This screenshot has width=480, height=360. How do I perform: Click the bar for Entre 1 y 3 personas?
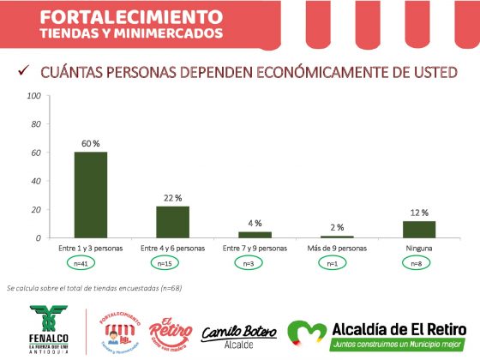(90, 195)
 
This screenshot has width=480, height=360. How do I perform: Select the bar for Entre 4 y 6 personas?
(172, 222)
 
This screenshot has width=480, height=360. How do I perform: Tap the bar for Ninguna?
(418, 229)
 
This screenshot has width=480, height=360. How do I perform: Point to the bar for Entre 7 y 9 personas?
(255, 235)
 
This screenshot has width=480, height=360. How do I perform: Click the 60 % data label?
(90, 142)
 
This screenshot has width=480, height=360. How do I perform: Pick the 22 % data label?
(172, 198)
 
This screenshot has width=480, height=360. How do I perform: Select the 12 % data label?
(418, 212)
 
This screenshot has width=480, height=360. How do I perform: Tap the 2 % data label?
(337, 227)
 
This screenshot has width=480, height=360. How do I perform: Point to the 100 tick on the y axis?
(34, 96)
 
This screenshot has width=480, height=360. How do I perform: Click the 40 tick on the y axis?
(37, 181)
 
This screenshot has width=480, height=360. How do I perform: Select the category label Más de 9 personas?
(337, 249)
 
